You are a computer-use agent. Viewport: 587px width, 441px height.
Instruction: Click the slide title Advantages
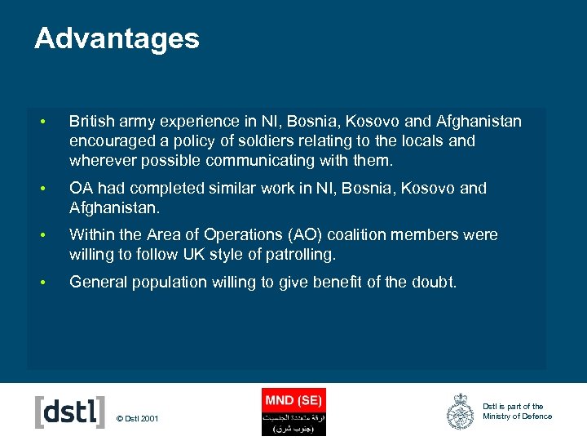[x=117, y=38]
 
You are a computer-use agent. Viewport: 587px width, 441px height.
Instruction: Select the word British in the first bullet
[x=92, y=122]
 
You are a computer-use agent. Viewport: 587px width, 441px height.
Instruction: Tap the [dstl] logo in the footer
[x=70, y=411]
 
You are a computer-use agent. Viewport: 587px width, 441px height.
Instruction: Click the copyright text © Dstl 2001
[x=138, y=419]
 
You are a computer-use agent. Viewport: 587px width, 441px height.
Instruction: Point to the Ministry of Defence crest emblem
[x=460, y=411]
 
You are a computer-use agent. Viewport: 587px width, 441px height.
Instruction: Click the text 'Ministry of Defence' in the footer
[x=517, y=416]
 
